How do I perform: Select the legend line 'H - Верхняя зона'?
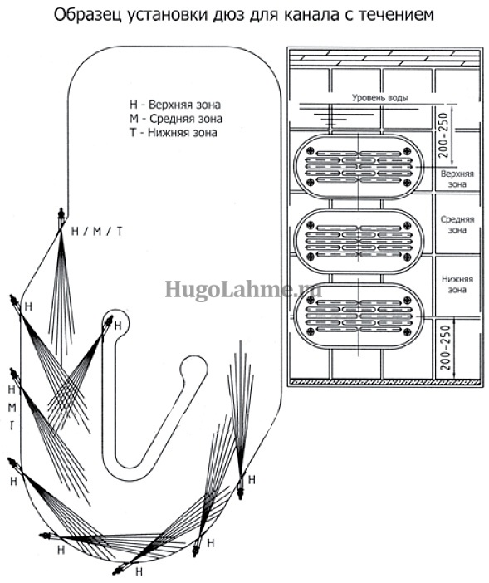[174, 105]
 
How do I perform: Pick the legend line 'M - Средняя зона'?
[175, 119]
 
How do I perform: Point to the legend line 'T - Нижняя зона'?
[173, 132]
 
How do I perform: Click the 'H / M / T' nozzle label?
[96, 232]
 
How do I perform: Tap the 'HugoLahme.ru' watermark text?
[243, 290]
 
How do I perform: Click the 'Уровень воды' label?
[379, 98]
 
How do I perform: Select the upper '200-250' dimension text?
[443, 135]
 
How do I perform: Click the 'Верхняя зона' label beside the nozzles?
[457, 179]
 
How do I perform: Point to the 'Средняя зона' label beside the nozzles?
[457, 224]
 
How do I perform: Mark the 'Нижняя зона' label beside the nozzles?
[457, 284]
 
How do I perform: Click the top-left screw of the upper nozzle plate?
[311, 151]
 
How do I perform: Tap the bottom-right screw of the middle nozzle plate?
[407, 257]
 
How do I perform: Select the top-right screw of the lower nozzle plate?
[407, 300]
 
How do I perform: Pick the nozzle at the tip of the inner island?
[109, 321]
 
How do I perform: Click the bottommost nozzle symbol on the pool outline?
[120, 568]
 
